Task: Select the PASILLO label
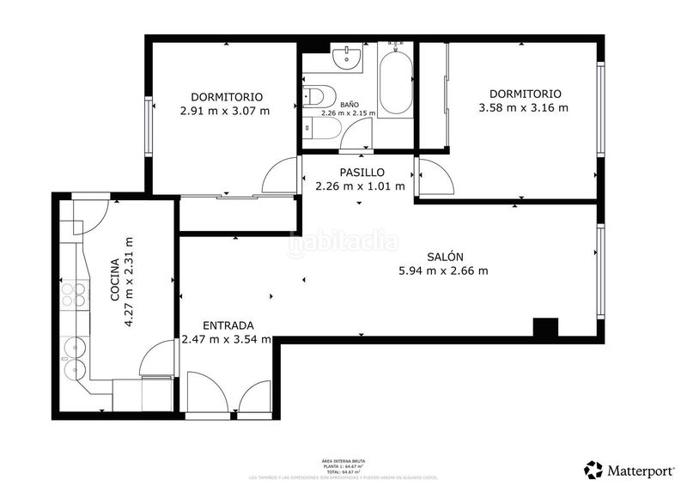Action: pos(361,173)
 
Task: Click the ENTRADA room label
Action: pos(228,325)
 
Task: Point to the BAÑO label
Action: pos(349,105)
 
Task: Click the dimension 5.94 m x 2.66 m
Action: pos(443,271)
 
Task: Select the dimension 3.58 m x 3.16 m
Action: pos(524,108)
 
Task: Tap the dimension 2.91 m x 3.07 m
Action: pos(225,111)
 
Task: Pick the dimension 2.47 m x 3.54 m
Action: pos(226,339)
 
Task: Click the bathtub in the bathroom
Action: pos(396,82)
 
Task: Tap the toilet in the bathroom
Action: pos(314,96)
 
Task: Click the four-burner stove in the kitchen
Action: pos(73,295)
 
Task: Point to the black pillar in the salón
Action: pos(545,327)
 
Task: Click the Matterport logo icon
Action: pos(593,470)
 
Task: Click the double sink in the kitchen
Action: pos(73,360)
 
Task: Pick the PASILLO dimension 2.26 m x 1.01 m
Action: pos(361,186)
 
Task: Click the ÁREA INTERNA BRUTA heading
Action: pos(343,461)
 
